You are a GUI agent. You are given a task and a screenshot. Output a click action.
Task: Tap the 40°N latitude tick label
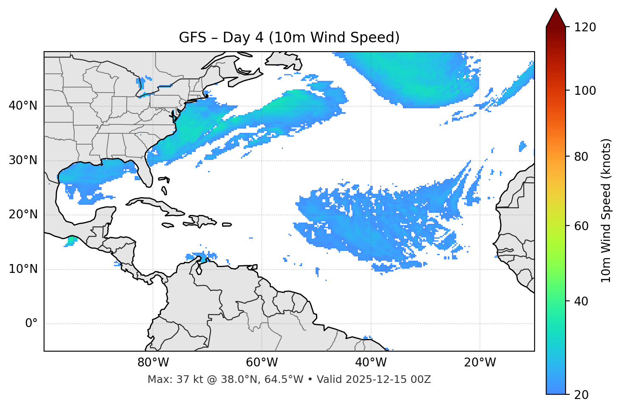pyautogui.click(x=23, y=106)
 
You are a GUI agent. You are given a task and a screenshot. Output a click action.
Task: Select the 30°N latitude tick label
pyautogui.click(x=23, y=160)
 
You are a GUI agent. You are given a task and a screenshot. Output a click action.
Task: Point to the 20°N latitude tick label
pyautogui.click(x=23, y=215)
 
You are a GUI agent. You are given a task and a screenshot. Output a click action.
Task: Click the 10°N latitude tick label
pyautogui.click(x=23, y=269)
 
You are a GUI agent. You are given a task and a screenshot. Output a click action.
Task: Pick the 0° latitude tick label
pyautogui.click(x=31, y=324)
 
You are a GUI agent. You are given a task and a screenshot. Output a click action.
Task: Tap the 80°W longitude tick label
pyautogui.click(x=153, y=363)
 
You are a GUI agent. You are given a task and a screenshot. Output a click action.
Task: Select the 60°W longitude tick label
pyautogui.click(x=262, y=363)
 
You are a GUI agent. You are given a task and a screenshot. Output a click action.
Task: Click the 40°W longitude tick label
pyautogui.click(x=371, y=363)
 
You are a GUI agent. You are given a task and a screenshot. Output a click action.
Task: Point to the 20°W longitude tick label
pyautogui.click(x=480, y=363)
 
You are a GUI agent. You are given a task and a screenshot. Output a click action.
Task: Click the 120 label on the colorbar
pyautogui.click(x=585, y=28)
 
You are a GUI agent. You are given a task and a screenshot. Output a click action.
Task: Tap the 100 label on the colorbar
pyautogui.click(x=585, y=91)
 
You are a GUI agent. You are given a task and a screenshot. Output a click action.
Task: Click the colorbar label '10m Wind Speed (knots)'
pyautogui.click(x=606, y=210)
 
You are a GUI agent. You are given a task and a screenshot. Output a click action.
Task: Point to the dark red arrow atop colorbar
pyautogui.click(x=556, y=18)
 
